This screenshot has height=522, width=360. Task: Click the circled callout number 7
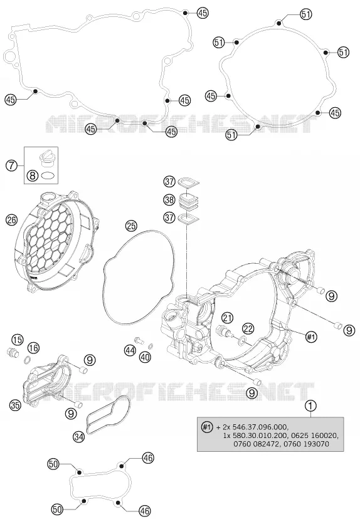tap(11, 165)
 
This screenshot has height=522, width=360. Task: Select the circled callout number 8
tap(33, 175)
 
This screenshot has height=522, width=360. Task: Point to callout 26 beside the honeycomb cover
tap(11, 220)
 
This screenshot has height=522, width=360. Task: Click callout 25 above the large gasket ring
tap(131, 226)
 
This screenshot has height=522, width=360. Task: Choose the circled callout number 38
tap(169, 200)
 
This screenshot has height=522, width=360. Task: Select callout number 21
tap(228, 318)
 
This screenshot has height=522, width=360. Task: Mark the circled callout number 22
tap(248, 329)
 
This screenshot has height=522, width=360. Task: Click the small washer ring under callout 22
tap(242, 340)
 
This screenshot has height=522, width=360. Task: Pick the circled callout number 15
tap(18, 340)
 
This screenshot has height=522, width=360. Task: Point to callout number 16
tap(33, 348)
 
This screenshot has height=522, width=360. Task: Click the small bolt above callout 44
tap(139, 340)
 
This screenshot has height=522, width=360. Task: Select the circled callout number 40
tap(146, 357)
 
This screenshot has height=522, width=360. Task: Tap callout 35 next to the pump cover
tap(15, 405)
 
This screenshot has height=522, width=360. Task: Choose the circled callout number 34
tap(79, 436)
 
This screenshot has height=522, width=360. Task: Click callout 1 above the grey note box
tap(310, 405)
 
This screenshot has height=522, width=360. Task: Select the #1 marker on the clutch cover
tap(310, 337)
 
